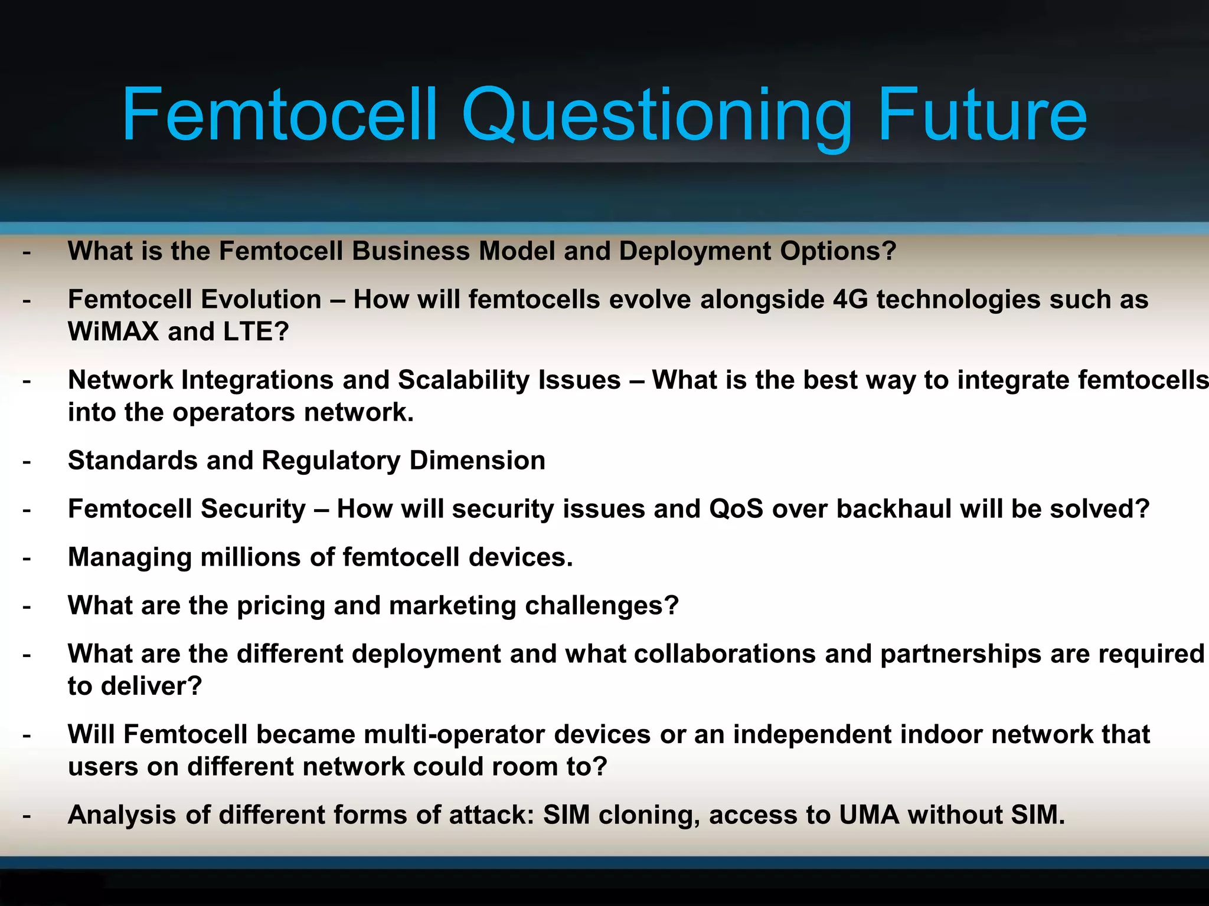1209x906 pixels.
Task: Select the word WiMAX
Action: coord(113,331)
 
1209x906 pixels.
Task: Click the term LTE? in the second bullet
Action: coord(256,331)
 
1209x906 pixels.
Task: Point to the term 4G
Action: coord(850,300)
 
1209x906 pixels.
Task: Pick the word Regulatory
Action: coord(331,461)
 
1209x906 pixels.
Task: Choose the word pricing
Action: coord(280,606)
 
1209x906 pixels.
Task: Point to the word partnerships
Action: coord(980,654)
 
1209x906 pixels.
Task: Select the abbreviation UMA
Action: coord(869,815)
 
